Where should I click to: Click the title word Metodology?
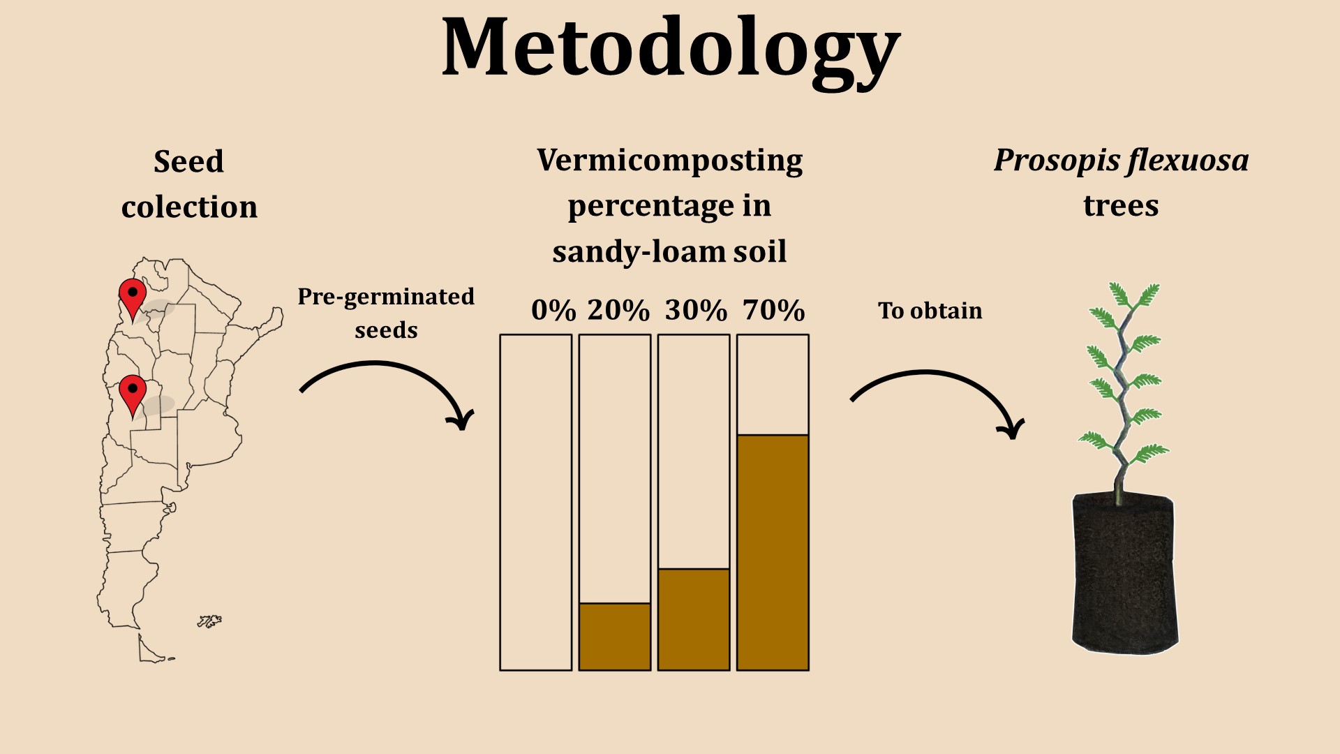671,50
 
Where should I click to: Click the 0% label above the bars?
553,310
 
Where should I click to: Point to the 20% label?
618,310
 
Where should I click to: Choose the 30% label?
696,310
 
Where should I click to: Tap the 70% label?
773,310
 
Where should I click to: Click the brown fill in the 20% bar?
615,637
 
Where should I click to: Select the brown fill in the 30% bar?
694,620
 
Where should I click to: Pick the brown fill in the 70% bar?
773,553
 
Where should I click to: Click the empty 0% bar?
536,503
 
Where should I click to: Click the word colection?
189,207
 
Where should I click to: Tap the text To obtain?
930,310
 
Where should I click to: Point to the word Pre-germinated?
386,297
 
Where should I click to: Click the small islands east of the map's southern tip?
209,621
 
